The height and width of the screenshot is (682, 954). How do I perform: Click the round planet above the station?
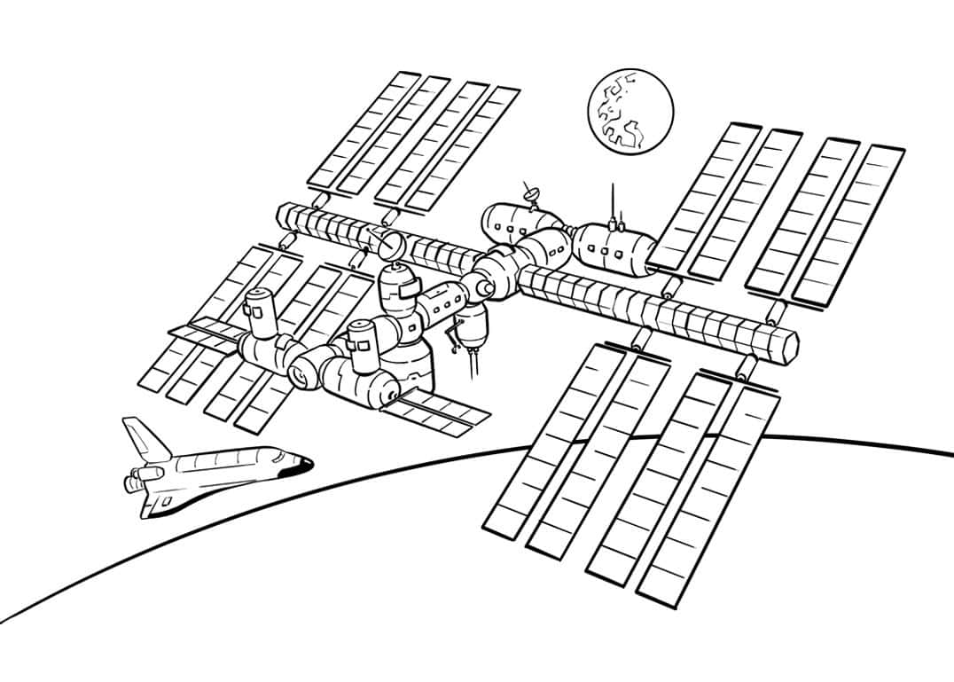pos(629,114)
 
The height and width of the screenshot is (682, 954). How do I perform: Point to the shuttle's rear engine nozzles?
pos(136,482)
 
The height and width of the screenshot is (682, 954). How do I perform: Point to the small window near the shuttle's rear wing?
pos(167,501)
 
